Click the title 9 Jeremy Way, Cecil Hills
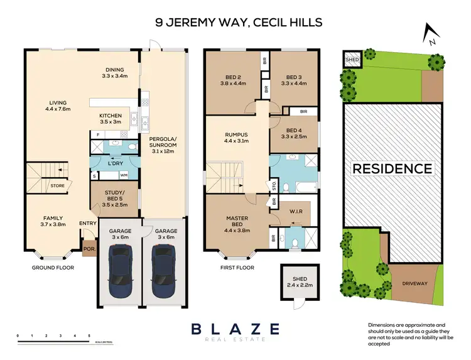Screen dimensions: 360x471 [239, 23]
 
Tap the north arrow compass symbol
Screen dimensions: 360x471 [430, 35]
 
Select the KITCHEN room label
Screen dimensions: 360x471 [111, 119]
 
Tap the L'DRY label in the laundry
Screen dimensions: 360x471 [114, 164]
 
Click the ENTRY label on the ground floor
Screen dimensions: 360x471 [87, 223]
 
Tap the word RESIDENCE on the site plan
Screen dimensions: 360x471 [392, 168]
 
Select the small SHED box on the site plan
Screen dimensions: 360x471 [350, 59]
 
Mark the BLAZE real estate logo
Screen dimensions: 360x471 [235, 331]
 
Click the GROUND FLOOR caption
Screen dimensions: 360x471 [53, 268]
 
